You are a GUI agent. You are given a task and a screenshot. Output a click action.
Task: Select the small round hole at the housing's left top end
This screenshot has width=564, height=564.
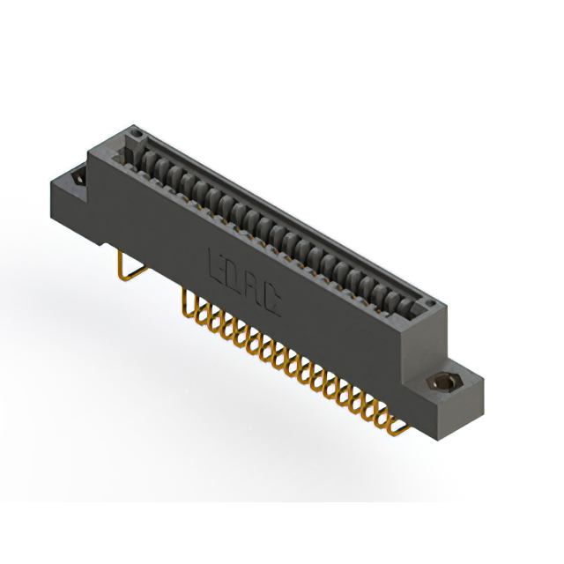point(137,133)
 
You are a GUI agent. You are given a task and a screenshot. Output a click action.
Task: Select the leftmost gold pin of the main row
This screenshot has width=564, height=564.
point(188,304)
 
